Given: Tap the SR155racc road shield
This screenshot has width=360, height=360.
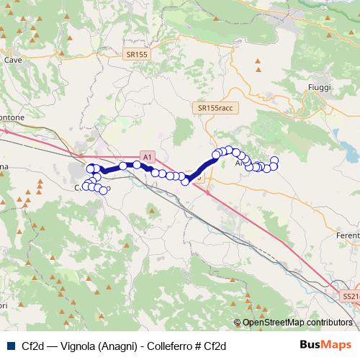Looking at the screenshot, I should click(215, 107).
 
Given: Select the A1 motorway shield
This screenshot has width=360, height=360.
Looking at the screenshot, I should click(146, 156).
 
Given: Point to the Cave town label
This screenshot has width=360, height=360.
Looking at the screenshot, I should click(13, 60).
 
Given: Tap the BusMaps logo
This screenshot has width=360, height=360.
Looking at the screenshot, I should click(326, 345).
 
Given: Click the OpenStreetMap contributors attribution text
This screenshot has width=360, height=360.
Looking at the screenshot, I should click(297, 323).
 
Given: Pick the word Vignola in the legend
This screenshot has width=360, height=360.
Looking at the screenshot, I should click(80, 346).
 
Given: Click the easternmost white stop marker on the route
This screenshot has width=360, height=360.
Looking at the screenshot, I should click(274, 160).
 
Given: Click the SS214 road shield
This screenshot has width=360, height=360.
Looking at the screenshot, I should click(351, 296).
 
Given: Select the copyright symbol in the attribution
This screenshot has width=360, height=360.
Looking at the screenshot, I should click(238, 323).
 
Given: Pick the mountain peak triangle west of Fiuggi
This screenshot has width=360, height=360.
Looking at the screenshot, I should click(257, 71).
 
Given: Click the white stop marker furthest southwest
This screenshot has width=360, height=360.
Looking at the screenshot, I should click(86, 186).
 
